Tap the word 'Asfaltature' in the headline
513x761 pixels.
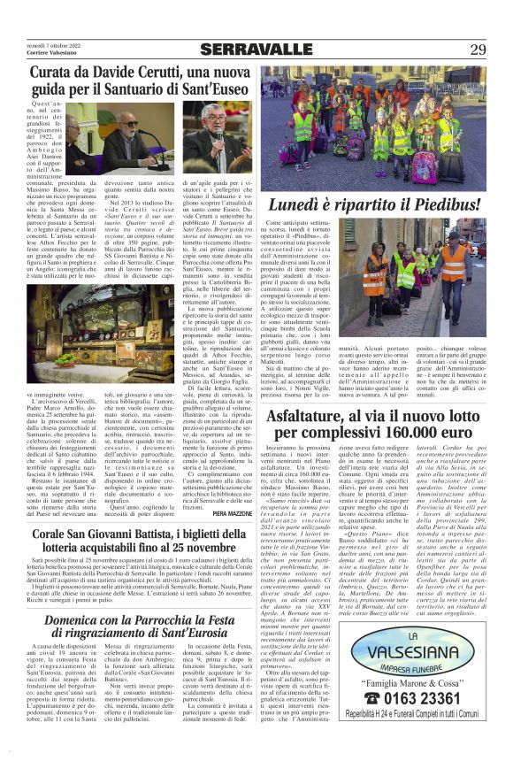click(x=317, y=421)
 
